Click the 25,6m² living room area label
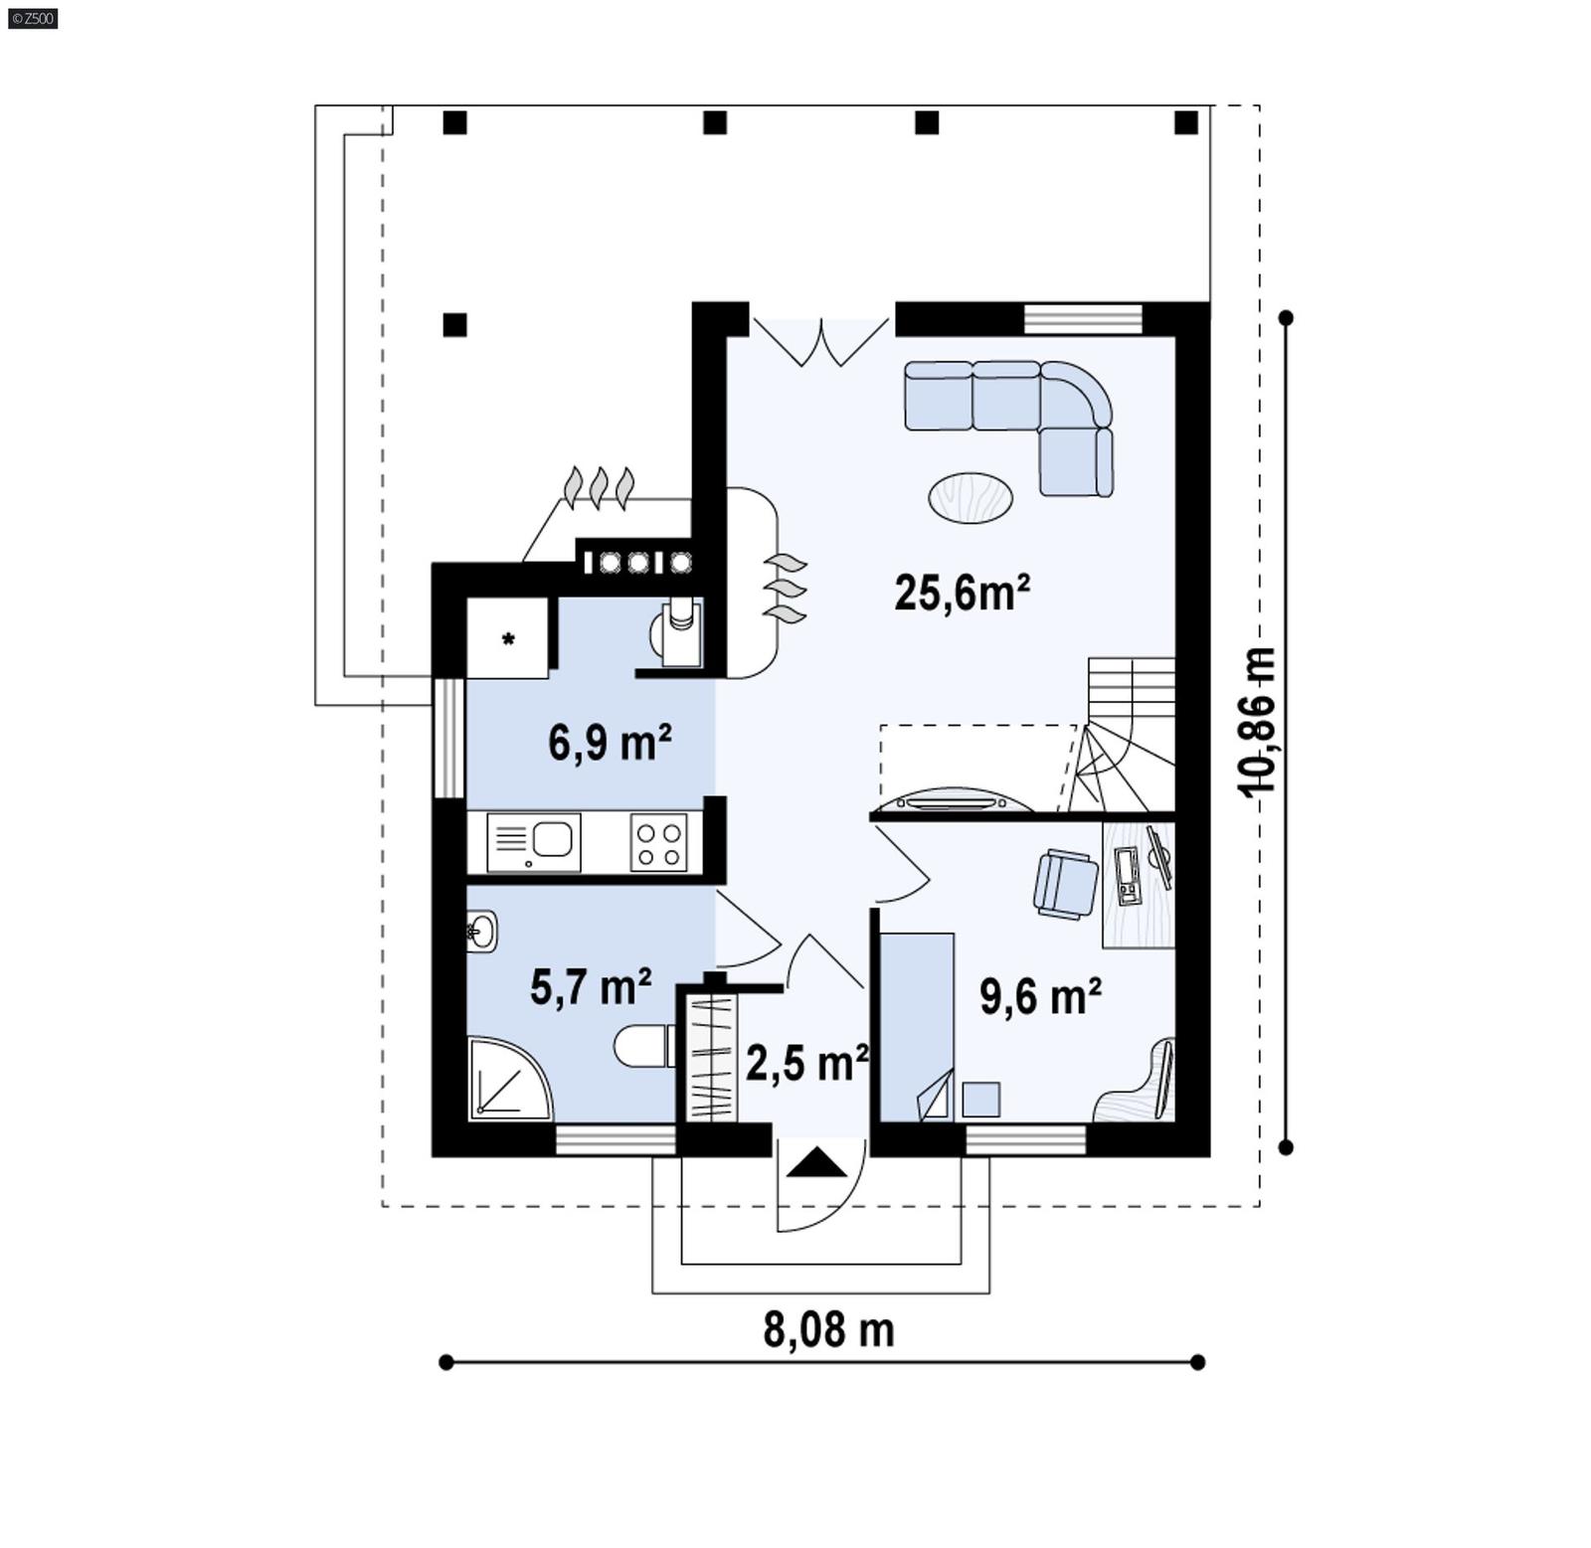click(961, 594)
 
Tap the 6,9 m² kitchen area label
click(610, 742)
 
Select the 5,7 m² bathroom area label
click(591, 987)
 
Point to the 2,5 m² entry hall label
click(805, 1063)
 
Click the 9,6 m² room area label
click(1040, 995)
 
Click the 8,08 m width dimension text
click(828, 1329)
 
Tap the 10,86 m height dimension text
click(1257, 721)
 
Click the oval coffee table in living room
click(971, 497)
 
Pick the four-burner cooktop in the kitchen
click(658, 843)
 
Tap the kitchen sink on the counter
click(552, 839)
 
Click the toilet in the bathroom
click(641, 1045)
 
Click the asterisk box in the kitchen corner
click(507, 638)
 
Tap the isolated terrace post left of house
click(454, 324)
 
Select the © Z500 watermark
click(32, 18)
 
